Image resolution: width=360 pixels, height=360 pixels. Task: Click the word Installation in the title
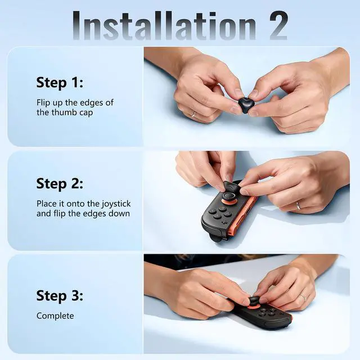pos(164,25)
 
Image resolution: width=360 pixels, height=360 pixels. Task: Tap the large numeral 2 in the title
pos(279,25)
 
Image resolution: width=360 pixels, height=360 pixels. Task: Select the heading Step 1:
pos(60,83)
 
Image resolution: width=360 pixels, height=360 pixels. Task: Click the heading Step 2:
pos(60,184)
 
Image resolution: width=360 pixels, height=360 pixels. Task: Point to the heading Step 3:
pos(60,295)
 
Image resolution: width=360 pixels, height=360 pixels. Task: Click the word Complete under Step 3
pos(55,316)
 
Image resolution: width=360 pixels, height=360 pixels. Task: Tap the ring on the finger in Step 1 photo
pos(194,114)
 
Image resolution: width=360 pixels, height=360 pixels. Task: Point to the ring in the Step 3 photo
pos(303,298)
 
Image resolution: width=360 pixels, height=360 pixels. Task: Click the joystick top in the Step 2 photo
pos(228,196)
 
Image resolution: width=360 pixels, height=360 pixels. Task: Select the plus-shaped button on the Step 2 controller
pos(223,222)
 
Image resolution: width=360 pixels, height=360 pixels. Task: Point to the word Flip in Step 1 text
pos(43,103)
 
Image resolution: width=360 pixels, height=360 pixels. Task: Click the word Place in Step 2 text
pos(47,204)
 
